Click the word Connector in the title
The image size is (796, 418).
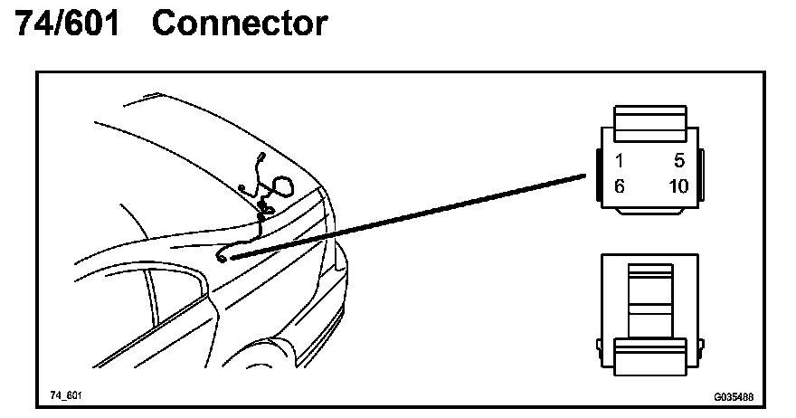[x=239, y=24]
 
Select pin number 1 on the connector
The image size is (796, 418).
[x=620, y=162]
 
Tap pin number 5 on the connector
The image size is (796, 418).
[x=679, y=162]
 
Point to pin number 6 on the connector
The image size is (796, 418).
[x=620, y=187]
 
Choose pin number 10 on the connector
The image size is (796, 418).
[x=678, y=187]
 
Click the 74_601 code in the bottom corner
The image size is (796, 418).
[x=66, y=396]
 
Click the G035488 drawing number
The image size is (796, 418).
[x=733, y=396]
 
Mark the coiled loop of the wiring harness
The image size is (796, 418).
[x=281, y=187]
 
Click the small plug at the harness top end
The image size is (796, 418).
[x=260, y=158]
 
